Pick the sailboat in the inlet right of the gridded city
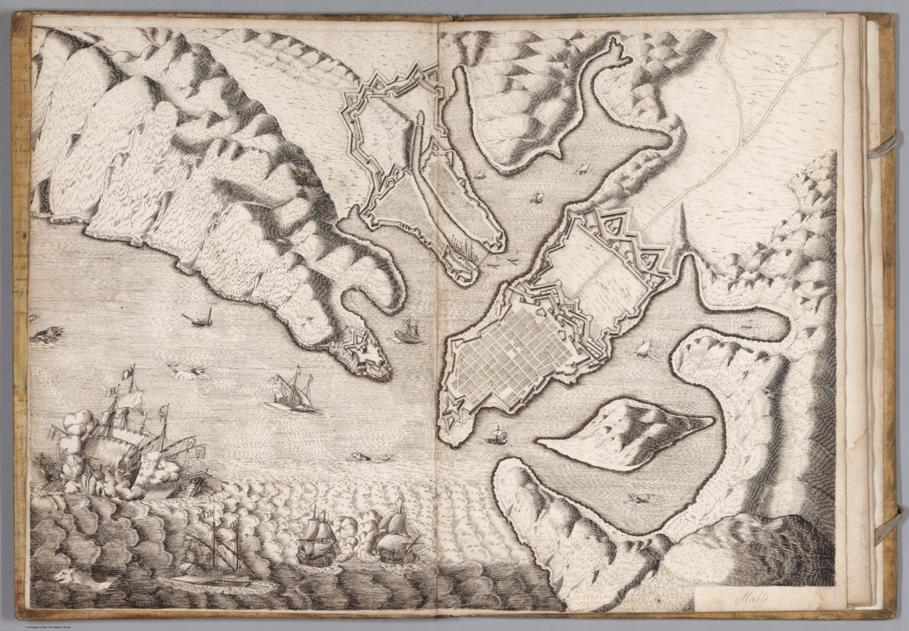point(643,349)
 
